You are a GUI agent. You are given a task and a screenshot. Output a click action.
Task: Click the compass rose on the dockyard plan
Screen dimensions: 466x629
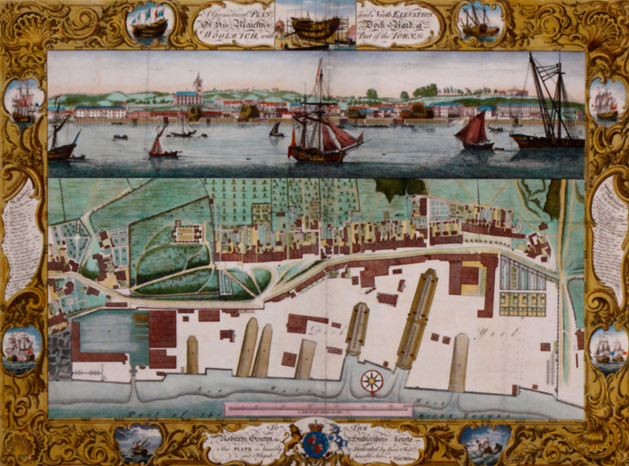point(371,381)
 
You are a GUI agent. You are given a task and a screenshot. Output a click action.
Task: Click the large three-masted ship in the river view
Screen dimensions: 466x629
point(322,126)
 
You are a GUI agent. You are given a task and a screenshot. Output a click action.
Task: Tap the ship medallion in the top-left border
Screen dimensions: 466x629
point(150,22)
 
